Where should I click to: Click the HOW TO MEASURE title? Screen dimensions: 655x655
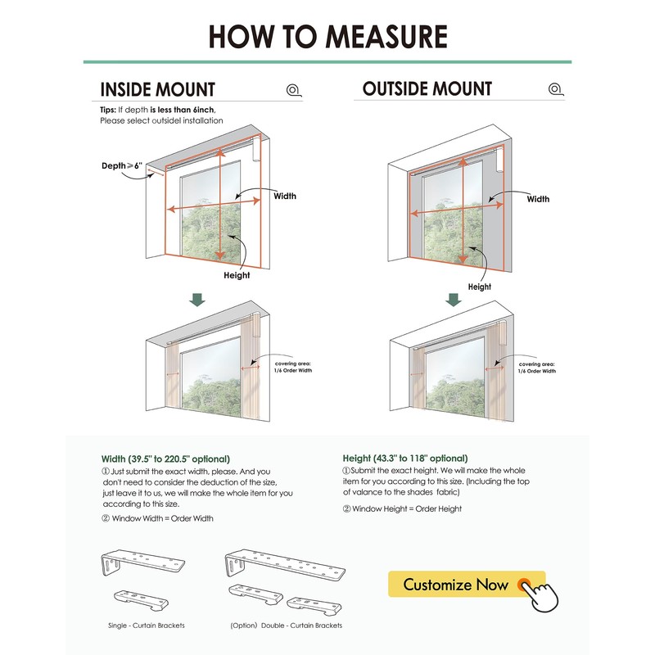(x=327, y=36)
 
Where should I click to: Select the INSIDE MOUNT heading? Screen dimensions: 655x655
(x=157, y=89)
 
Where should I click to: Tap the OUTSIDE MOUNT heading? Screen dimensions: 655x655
(x=427, y=89)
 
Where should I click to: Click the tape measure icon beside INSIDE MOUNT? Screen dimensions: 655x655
(x=293, y=90)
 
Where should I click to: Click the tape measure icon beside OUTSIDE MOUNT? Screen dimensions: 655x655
(x=555, y=89)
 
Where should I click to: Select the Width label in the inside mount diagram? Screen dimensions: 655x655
(x=285, y=196)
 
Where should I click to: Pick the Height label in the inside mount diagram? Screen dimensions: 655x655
(x=237, y=276)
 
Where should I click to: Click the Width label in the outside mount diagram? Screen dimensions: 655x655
(x=538, y=199)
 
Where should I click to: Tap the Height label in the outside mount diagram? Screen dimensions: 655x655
(x=479, y=287)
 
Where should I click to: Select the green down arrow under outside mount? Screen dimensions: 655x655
(x=452, y=300)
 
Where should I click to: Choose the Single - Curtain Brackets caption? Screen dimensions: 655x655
(x=147, y=626)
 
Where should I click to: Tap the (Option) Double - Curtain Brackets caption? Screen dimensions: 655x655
(x=285, y=626)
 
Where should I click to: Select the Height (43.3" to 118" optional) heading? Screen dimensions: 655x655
(x=405, y=458)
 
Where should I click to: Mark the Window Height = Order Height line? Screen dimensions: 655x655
(x=402, y=508)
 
